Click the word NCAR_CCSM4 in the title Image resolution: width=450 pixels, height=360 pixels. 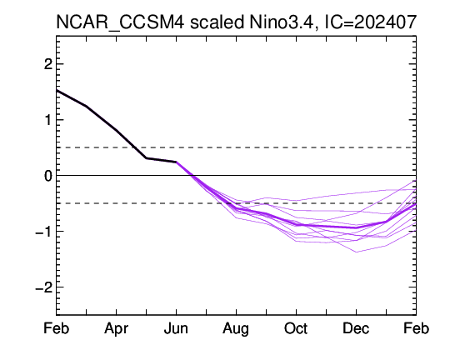[120, 22]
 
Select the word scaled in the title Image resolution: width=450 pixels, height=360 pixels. [217, 22]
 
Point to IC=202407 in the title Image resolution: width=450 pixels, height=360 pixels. [371, 22]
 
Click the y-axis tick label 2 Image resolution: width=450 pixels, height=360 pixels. [48, 64]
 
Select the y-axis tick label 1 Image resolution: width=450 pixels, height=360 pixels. [48, 120]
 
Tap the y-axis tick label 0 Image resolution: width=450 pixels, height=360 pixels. [48, 175]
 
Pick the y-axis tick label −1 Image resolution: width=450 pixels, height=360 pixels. [44, 232]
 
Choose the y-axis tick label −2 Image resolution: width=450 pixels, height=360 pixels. [44, 287]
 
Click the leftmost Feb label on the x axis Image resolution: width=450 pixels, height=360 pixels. [57, 328]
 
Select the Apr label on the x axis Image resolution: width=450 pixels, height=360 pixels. [116, 328]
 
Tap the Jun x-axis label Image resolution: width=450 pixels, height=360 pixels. [176, 328]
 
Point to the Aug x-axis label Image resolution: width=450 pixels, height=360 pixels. [236, 328]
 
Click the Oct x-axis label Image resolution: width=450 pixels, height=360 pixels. [296, 328]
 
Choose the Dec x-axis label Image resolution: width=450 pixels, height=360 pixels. [356, 328]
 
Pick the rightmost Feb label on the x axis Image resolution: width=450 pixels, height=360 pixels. [416, 328]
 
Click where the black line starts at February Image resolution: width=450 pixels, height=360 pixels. [57, 91]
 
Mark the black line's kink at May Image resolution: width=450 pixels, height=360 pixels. [147, 157]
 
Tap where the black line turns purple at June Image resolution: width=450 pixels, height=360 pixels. [176, 162]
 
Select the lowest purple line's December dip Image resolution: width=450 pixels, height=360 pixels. [356, 252]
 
